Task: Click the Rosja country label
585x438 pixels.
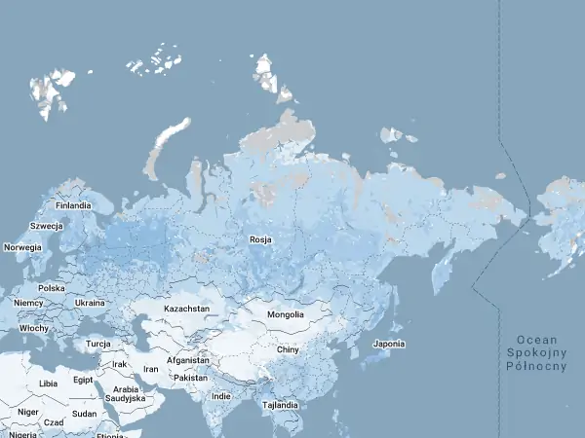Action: (260, 239)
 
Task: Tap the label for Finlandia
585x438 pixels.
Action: (73, 205)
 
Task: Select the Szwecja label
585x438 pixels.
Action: (46, 226)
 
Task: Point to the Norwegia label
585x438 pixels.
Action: (22, 247)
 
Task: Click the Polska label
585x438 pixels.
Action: (51, 288)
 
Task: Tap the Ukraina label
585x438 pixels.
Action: (90, 303)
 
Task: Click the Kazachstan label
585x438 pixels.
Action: (186, 309)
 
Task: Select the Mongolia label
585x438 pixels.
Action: (286, 314)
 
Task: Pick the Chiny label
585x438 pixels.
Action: (287, 348)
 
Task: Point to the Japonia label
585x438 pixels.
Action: (389, 344)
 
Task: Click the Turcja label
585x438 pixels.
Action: (97, 344)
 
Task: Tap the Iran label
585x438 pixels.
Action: (150, 370)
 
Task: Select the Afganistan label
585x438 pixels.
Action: (189, 360)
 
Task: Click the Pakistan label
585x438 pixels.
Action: (191, 377)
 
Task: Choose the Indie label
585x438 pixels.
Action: (221, 396)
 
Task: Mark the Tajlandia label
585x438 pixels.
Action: (279, 404)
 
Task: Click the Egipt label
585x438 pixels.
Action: (83, 380)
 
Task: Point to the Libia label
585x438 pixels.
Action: (48, 383)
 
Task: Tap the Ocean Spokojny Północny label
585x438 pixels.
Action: (536, 352)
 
